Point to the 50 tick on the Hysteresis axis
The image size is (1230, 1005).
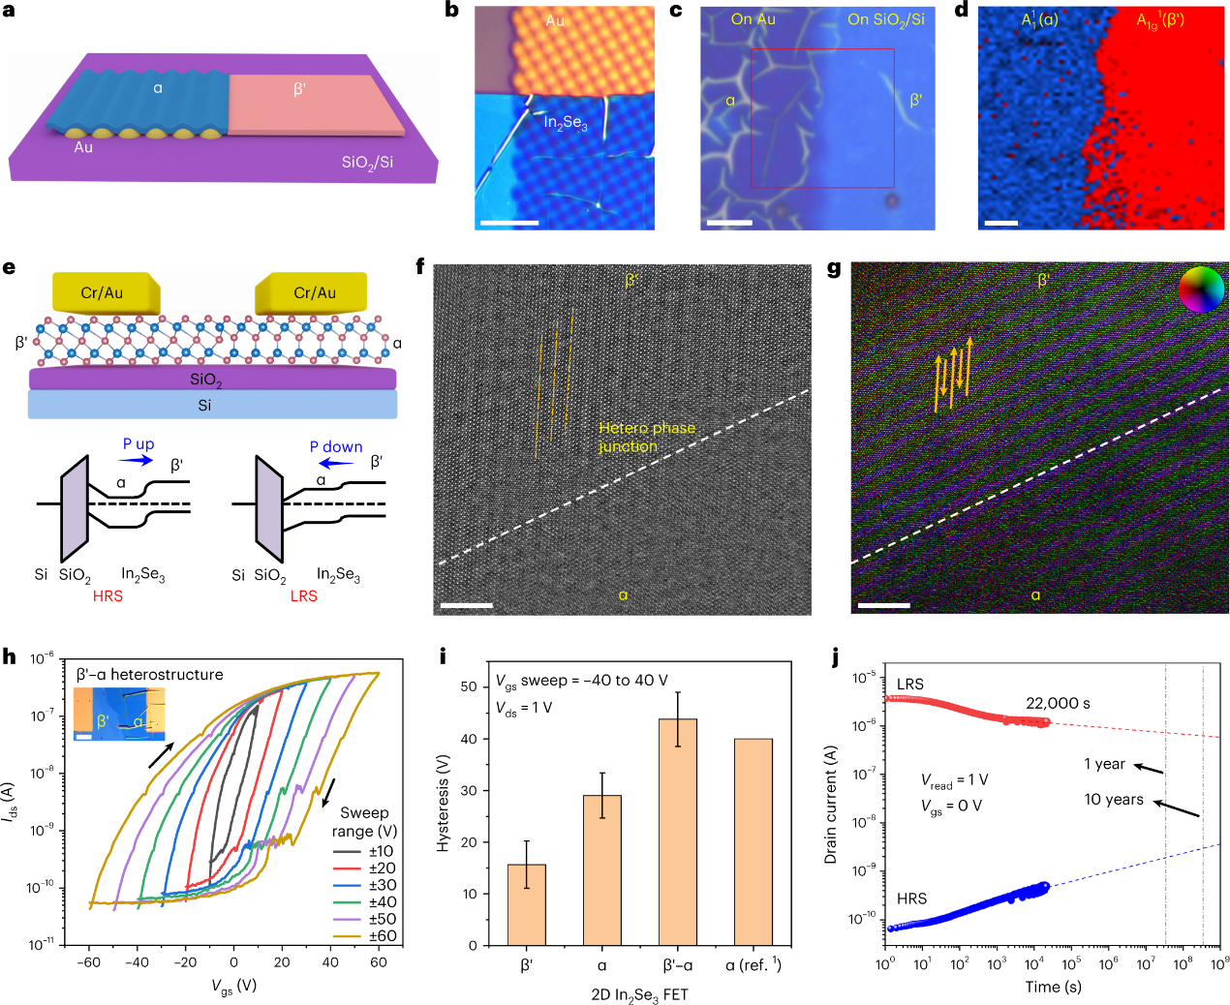pos(470,686)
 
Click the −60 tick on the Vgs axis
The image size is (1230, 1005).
pos(89,962)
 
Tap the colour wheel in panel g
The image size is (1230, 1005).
pos(1201,289)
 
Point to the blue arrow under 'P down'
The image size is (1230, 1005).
pos(337,463)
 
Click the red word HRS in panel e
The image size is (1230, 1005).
pos(108,596)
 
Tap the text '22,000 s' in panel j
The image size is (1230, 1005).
pos(1059,704)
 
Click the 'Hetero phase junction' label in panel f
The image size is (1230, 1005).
pos(646,437)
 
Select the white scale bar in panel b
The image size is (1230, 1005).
pos(508,223)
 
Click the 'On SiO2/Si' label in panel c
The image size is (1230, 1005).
pos(885,19)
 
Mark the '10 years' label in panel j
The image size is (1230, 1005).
pos(1114,800)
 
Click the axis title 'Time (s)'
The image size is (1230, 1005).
pos(1053,987)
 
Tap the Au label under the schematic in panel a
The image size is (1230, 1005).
pos(83,147)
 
